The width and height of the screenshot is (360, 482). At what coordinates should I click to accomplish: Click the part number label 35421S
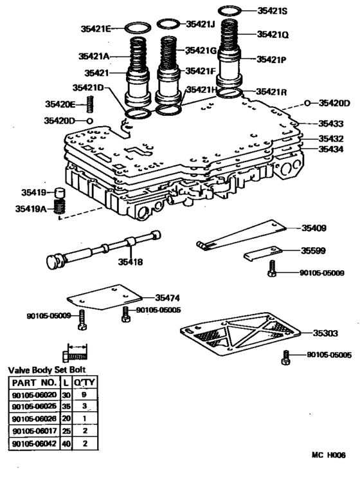(x=274, y=11)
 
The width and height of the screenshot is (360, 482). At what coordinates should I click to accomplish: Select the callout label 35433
(x=332, y=123)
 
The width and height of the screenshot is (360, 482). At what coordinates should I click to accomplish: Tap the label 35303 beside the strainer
(x=327, y=333)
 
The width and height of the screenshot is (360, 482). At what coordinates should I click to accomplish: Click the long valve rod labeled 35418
(x=96, y=249)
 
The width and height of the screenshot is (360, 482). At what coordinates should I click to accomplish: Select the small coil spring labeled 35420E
(x=91, y=103)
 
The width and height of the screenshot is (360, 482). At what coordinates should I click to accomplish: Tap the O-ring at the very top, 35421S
(x=230, y=11)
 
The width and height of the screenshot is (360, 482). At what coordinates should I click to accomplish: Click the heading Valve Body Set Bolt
(x=46, y=370)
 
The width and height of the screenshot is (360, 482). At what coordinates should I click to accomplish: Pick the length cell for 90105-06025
(x=66, y=407)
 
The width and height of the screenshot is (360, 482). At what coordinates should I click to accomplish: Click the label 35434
(x=332, y=149)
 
